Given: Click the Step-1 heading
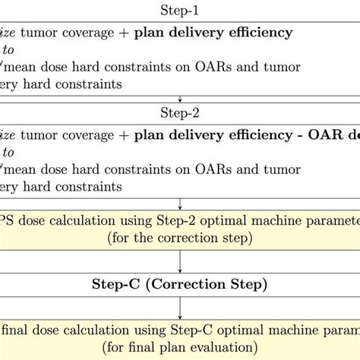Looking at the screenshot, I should tap(180, 11).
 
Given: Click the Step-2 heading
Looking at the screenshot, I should tap(180, 114).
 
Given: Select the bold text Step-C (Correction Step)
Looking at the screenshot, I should tap(180, 285).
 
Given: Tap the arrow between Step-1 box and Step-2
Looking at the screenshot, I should tap(180, 99).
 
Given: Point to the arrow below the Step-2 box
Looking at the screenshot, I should tap(180, 203).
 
